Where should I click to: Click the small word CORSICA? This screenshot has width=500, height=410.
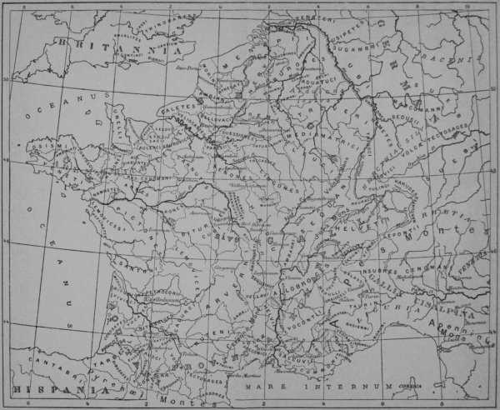point(416,384)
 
